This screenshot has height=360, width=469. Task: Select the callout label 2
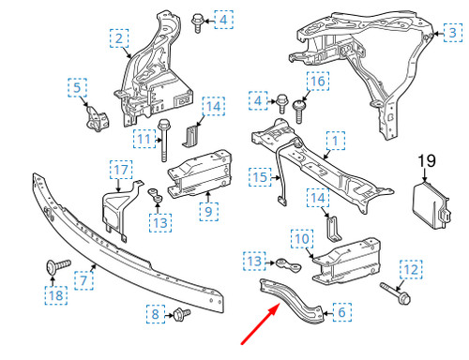click(x=119, y=38)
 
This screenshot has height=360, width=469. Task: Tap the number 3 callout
click(x=453, y=34)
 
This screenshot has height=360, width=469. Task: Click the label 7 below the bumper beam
click(x=83, y=279)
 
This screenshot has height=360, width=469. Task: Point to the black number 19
click(x=426, y=161)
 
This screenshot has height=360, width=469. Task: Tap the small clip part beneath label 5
click(x=95, y=117)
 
